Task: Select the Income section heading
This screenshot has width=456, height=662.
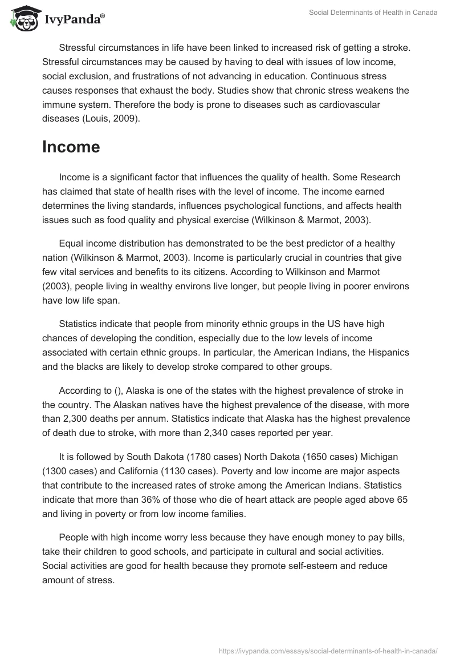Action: [71, 147]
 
